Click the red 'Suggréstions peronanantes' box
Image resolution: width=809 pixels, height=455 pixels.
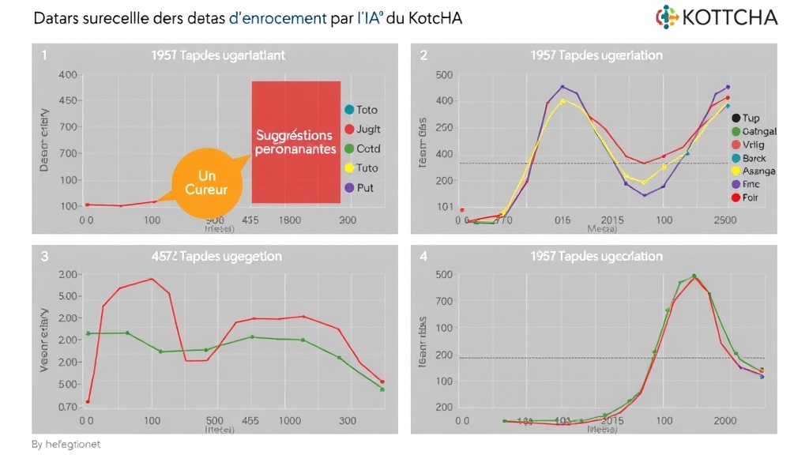(x=295, y=142)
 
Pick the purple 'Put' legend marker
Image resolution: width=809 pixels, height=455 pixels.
(x=348, y=188)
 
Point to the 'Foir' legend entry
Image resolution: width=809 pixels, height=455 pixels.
(x=750, y=197)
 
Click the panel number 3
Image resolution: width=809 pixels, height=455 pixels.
(x=44, y=256)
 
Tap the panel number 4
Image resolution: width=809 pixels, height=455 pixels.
(x=423, y=256)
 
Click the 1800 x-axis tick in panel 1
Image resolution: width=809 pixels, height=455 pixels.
(x=289, y=220)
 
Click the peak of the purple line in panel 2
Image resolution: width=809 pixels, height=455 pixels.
(x=563, y=87)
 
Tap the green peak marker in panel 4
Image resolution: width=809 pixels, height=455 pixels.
(x=694, y=276)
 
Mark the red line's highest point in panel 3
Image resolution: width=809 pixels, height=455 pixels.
(x=152, y=279)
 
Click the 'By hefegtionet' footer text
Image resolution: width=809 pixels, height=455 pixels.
(x=66, y=445)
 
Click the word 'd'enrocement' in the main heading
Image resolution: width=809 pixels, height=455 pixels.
(x=278, y=18)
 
